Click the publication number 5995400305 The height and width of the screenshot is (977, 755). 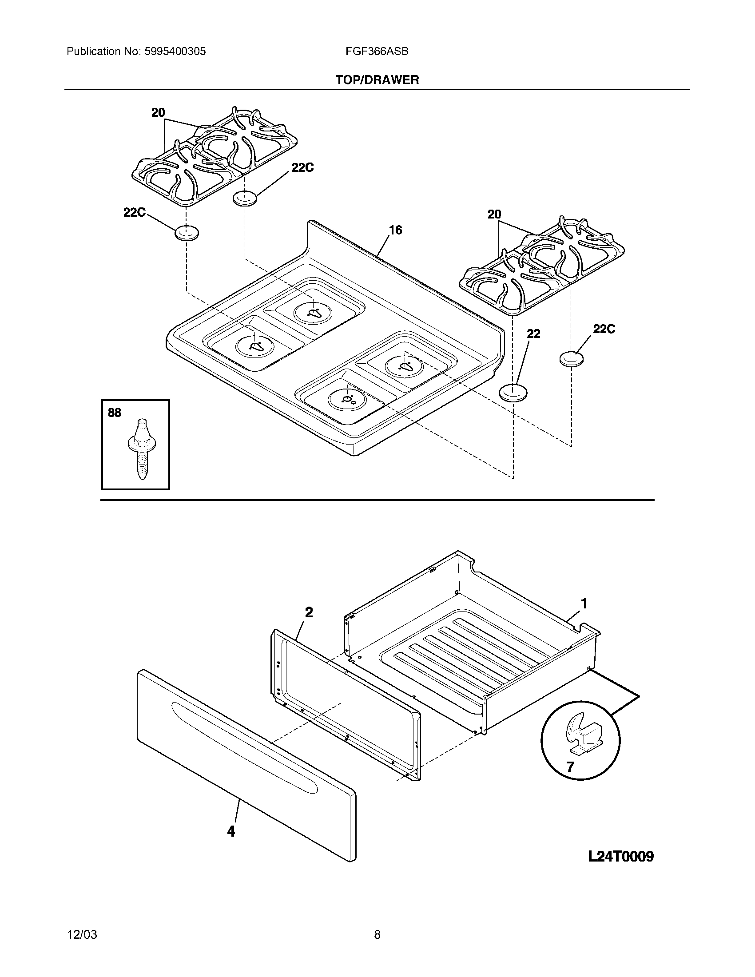point(175,52)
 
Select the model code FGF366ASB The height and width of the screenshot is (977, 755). point(377,52)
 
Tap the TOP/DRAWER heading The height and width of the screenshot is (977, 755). point(377,80)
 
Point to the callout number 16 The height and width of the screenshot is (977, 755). point(395,230)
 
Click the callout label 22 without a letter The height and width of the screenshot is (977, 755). point(533,334)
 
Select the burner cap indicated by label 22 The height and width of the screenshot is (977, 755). point(513,393)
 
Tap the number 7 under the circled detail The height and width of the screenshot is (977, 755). point(570,767)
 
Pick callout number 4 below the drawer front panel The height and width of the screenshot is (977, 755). point(231,831)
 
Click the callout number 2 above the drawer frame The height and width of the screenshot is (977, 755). point(309,612)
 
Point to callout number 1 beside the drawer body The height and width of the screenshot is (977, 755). point(584,604)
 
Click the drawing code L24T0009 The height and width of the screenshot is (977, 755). point(621,856)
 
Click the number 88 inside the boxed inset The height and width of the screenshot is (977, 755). point(115,413)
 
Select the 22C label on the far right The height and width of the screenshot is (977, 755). point(604,329)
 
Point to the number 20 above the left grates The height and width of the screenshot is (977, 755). point(158,113)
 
